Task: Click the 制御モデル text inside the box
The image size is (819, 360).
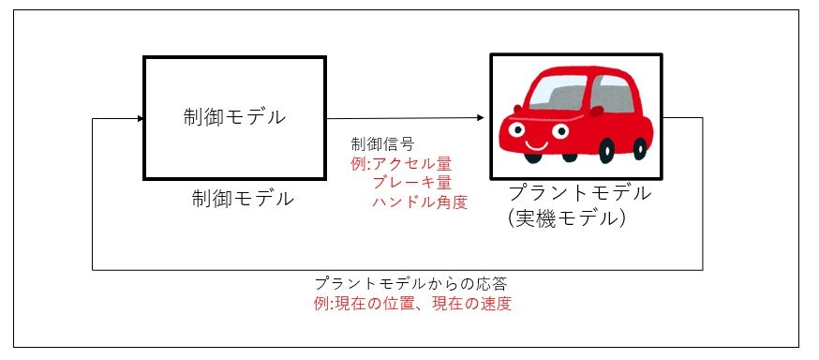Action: (234, 118)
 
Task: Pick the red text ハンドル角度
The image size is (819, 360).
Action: (420, 201)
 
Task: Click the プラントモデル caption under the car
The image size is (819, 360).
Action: (578, 195)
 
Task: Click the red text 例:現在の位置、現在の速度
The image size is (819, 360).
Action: (413, 303)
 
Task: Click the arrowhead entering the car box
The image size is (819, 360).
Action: (481, 118)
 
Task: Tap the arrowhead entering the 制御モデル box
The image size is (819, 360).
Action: (139, 119)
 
